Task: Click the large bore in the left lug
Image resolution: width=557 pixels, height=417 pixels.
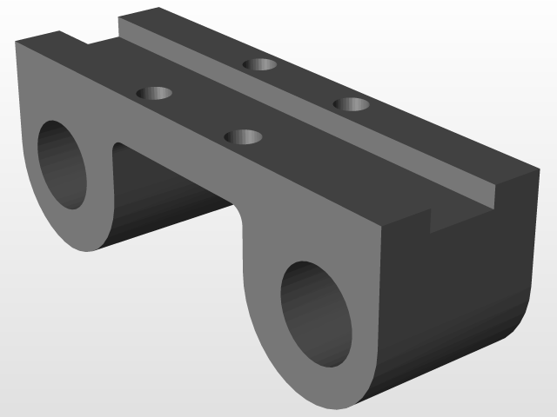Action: coord(62,165)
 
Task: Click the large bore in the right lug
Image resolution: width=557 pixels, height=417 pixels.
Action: coord(318,313)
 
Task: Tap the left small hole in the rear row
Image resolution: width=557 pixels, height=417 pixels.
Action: coord(259,64)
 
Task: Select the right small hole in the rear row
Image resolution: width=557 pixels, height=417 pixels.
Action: coord(352,104)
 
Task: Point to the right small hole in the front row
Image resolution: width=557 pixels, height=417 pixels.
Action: coord(244,136)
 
